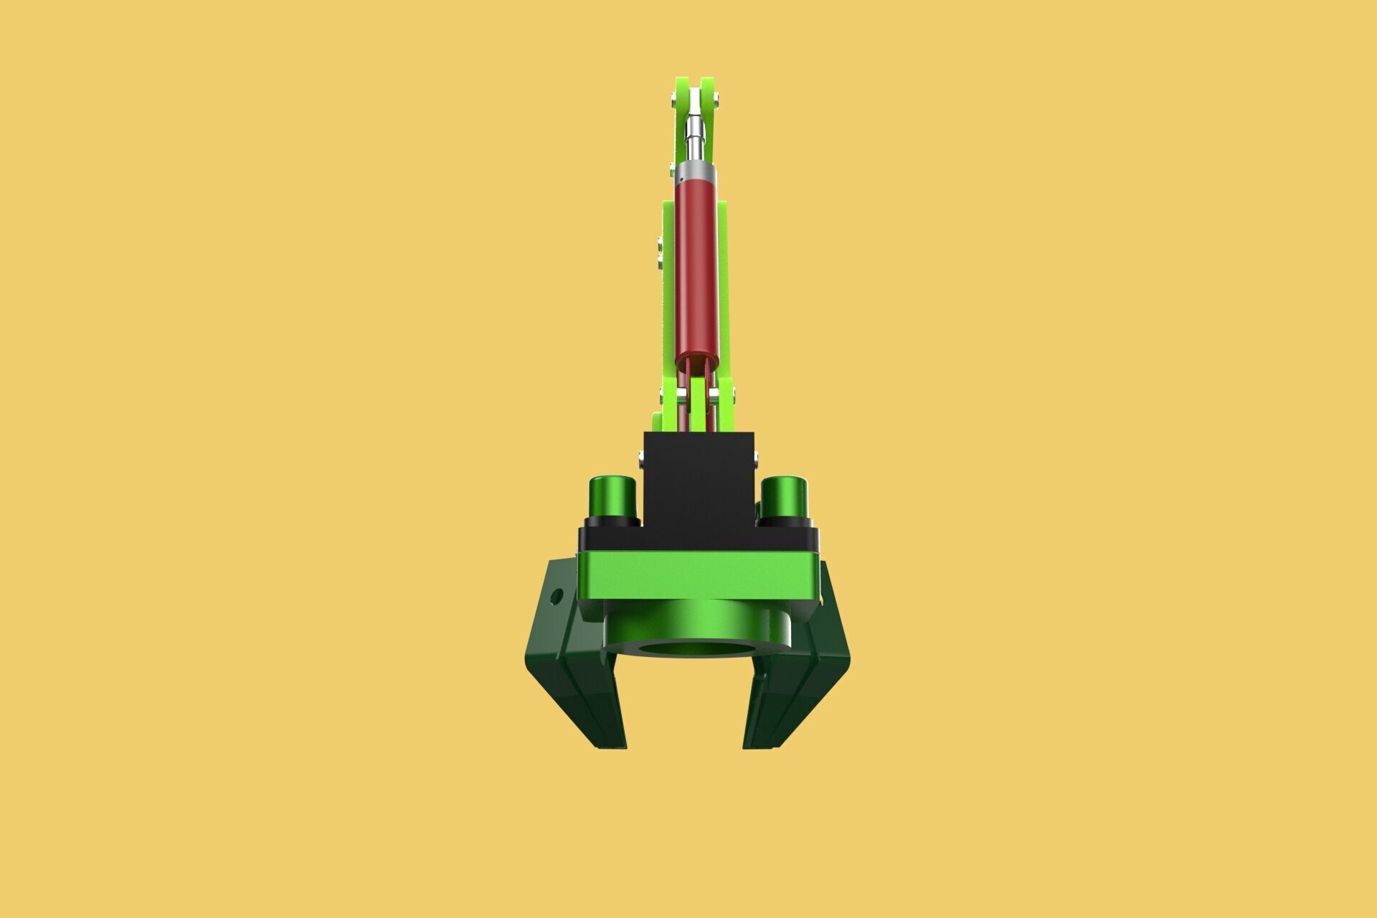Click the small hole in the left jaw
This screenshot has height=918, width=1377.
(x=556, y=595)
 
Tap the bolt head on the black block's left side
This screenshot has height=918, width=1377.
(x=641, y=455)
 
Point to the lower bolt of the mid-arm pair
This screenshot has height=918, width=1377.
(x=660, y=261)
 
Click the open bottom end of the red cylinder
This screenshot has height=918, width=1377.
(x=696, y=359)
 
